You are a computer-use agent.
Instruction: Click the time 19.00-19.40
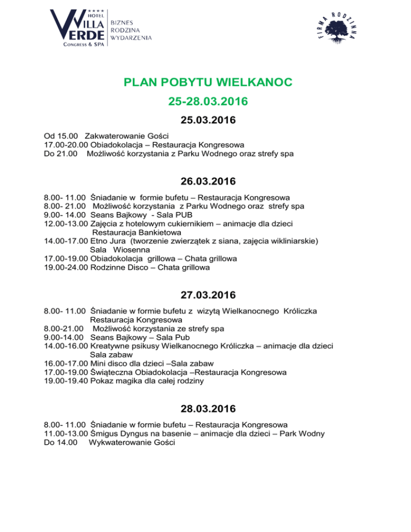(x=66, y=381)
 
